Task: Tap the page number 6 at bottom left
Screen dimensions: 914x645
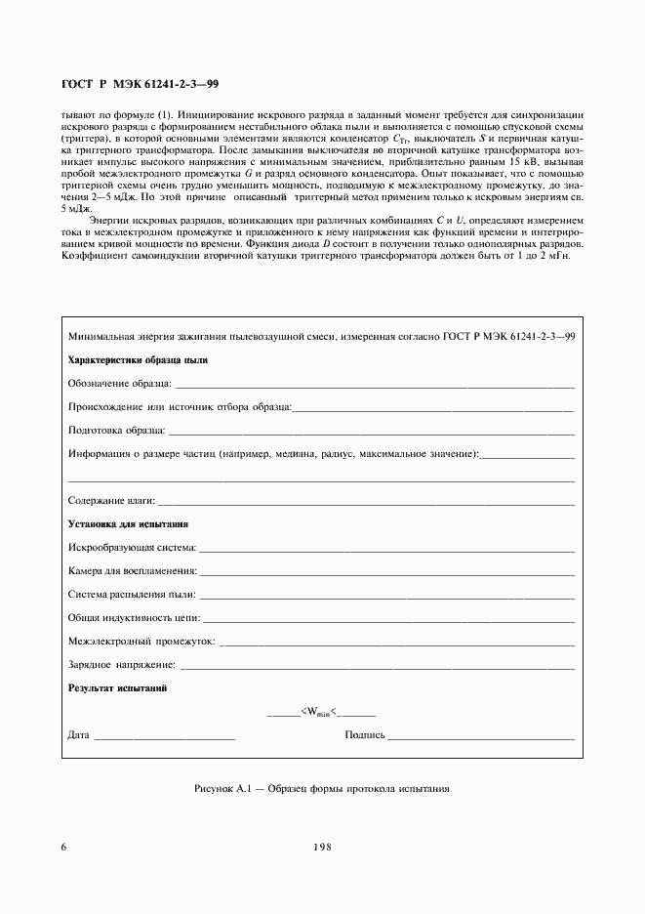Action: [x=63, y=847]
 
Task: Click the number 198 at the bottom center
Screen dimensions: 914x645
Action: [x=322, y=847]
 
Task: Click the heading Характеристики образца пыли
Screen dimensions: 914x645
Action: [x=138, y=359]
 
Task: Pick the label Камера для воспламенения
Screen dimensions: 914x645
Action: [x=133, y=570]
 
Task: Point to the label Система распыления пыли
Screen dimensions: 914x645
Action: [x=132, y=594]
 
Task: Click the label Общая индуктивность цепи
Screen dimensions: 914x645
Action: [x=135, y=617]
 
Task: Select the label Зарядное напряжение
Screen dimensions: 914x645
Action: [x=123, y=665]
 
